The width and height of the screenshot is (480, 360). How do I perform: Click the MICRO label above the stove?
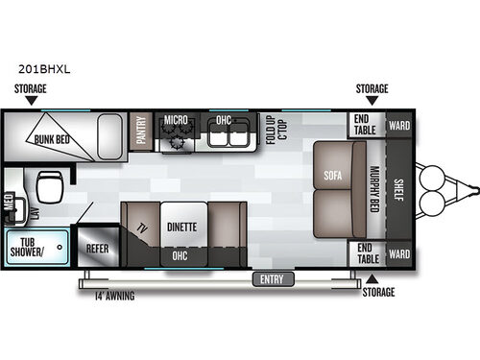click(175, 120)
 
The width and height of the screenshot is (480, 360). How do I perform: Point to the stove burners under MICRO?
click(177, 140)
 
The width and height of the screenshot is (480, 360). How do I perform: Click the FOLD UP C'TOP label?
click(272, 135)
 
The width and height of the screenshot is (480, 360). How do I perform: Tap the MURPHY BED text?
click(372, 189)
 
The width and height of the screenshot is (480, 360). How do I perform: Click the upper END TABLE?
click(365, 124)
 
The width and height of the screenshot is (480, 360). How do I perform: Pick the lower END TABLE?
click(365, 253)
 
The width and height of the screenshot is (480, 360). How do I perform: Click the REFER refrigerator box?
click(97, 247)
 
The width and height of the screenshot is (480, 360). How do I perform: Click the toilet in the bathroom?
click(48, 182)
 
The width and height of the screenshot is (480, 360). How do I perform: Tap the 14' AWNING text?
click(113, 296)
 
